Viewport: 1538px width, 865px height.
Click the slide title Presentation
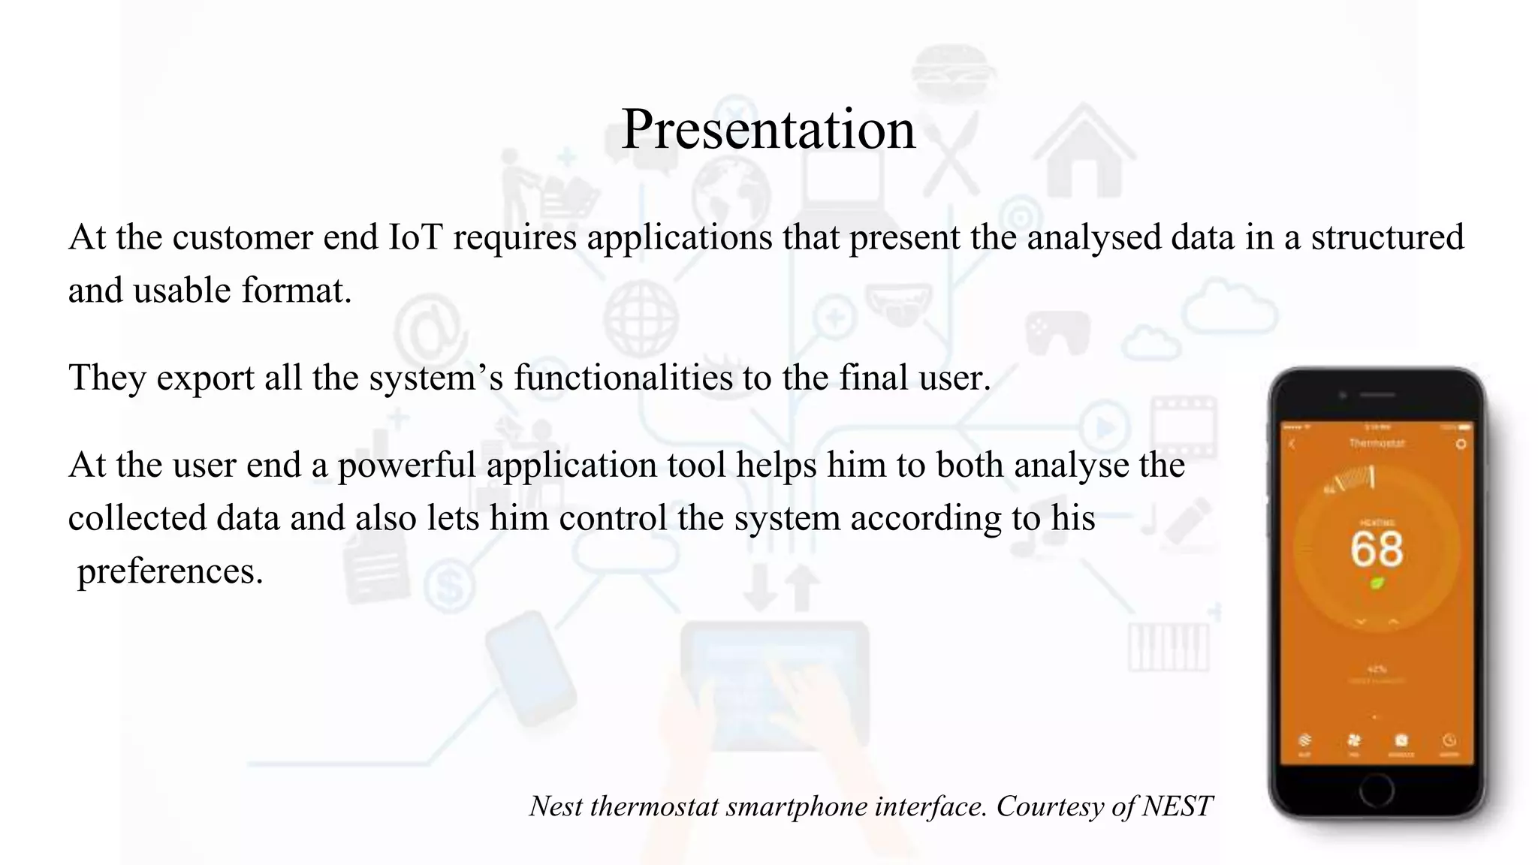click(768, 129)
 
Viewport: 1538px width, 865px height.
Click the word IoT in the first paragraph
click(416, 237)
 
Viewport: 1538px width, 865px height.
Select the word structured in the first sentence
click(1387, 237)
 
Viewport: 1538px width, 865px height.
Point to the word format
click(296, 291)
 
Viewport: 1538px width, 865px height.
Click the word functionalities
click(623, 377)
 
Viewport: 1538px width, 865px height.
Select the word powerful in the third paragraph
click(406, 466)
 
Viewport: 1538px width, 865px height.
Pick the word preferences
click(170, 571)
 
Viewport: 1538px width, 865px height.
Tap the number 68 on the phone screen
click(1376, 549)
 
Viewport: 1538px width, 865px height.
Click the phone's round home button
click(1376, 789)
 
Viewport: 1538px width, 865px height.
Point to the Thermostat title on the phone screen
click(1376, 444)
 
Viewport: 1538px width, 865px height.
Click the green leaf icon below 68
click(1377, 583)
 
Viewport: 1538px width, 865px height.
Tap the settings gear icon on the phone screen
click(1461, 444)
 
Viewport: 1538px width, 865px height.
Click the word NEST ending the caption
click(1177, 806)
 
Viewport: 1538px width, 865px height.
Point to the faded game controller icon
click(1057, 333)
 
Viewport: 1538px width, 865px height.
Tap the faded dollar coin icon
click(449, 586)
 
